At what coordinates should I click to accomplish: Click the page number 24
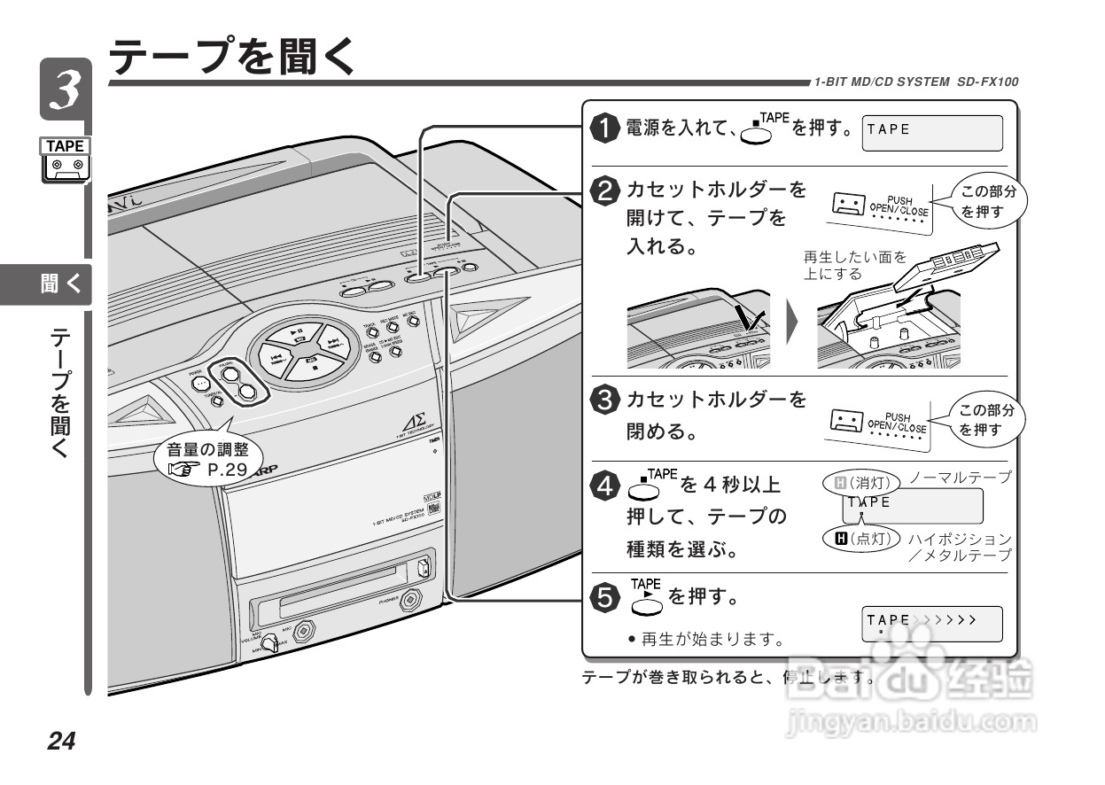click(62, 740)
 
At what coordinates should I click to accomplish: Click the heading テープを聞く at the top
click(232, 57)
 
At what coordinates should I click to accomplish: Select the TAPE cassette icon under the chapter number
click(66, 160)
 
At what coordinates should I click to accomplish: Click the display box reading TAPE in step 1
click(931, 133)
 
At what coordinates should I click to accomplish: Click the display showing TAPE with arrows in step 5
click(931, 624)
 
